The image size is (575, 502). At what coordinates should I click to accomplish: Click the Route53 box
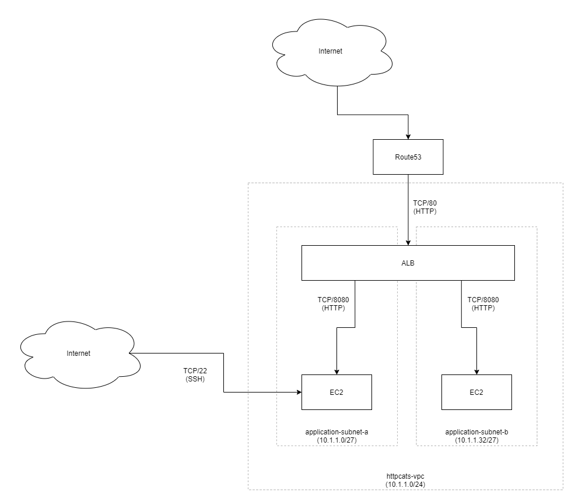point(408,157)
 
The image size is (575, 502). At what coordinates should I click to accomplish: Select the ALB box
point(408,263)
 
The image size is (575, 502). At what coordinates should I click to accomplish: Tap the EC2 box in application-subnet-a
point(336,392)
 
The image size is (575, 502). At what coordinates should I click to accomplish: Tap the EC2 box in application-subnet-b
point(476,392)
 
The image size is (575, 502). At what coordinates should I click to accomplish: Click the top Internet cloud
point(330,51)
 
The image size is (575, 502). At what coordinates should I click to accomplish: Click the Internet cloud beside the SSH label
point(79,353)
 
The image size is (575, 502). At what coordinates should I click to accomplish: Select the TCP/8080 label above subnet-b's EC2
point(483,304)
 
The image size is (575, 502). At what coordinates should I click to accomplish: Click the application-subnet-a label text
point(336,432)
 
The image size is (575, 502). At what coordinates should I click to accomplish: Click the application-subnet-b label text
point(476,432)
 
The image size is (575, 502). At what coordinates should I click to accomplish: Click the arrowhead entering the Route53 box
point(408,136)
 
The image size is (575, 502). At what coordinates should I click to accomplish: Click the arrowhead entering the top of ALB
point(408,242)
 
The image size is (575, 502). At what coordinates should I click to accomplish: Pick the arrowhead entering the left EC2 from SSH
point(298,392)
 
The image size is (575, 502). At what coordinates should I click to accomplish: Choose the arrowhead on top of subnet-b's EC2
point(477,371)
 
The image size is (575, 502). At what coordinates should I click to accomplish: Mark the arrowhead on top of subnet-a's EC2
point(336,371)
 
